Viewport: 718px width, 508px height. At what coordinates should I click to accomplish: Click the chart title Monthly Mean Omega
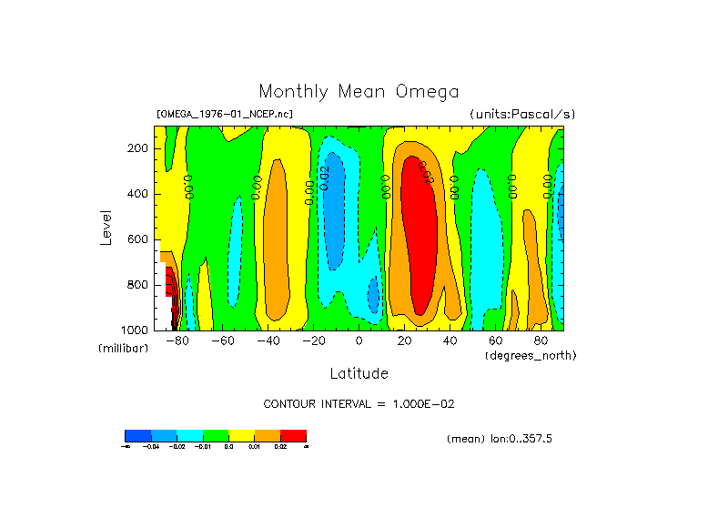tap(359, 91)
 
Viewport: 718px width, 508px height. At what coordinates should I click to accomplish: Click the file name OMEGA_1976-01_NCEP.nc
tap(225, 115)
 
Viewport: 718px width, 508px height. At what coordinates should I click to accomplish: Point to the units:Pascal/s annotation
tap(522, 115)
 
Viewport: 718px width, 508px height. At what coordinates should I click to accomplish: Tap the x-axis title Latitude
tap(359, 373)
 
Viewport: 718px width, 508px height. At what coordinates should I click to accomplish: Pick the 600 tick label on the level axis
tap(138, 239)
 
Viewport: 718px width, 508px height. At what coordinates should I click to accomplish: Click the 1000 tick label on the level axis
tap(136, 330)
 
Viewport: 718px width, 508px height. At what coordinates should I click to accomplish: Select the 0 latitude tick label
tap(359, 340)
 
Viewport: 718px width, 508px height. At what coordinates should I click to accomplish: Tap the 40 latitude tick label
tap(450, 340)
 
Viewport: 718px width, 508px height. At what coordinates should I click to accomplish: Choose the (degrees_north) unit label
tap(531, 355)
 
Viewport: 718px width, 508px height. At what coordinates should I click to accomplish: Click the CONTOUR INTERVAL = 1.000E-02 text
tap(359, 403)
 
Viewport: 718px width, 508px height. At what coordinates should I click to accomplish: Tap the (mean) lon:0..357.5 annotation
tap(500, 439)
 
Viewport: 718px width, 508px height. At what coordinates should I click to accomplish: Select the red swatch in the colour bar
tap(293, 435)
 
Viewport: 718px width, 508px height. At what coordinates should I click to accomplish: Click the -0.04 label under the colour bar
tap(151, 447)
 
